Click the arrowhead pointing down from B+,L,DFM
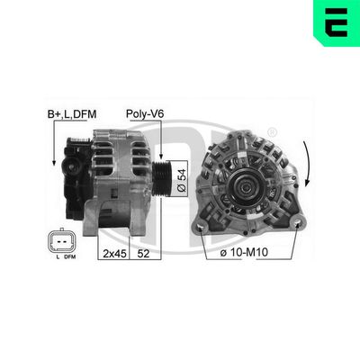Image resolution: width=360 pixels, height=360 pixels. pyautogui.click(x=56, y=163)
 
